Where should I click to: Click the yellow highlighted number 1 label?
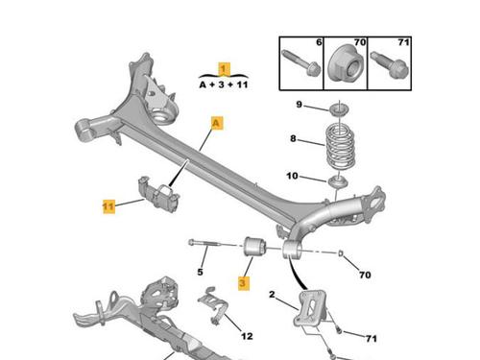tap(224, 69)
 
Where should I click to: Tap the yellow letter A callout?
tap(217, 123)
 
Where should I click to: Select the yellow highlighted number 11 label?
tap(108, 206)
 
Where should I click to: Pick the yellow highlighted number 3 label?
tap(244, 283)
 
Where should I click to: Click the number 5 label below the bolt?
tap(200, 272)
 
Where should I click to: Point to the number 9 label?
tap(299, 105)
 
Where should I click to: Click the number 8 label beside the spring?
tap(293, 138)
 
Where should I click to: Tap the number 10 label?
tap(292, 176)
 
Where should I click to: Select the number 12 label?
tap(247, 336)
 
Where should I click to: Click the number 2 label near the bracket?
tap(272, 295)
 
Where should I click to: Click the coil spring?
tap(341, 147)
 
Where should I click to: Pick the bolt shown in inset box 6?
tap(300, 62)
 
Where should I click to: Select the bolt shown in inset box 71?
tap(390, 65)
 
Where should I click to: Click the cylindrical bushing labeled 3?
tap(254, 247)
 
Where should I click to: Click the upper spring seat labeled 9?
tap(339, 109)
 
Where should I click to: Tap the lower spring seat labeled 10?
tap(338, 182)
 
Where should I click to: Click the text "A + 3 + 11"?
tap(224, 84)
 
